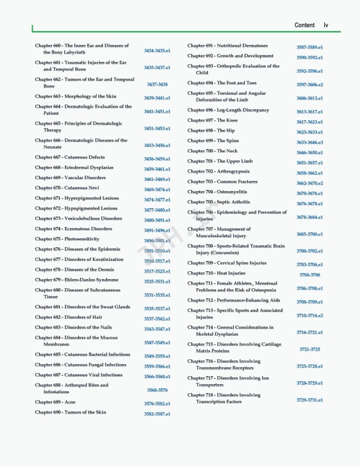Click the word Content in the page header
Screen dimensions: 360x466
[x=304, y=25]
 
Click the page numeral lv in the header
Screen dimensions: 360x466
[x=326, y=25]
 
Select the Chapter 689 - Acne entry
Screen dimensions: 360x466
[x=55, y=402]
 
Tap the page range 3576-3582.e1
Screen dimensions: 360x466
[x=157, y=404]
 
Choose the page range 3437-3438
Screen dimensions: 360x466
[x=157, y=84]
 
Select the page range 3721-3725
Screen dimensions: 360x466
[x=310, y=349]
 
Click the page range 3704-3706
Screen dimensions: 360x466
[x=310, y=275]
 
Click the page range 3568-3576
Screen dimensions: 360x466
[x=157, y=390]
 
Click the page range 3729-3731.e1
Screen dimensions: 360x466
[x=310, y=400]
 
